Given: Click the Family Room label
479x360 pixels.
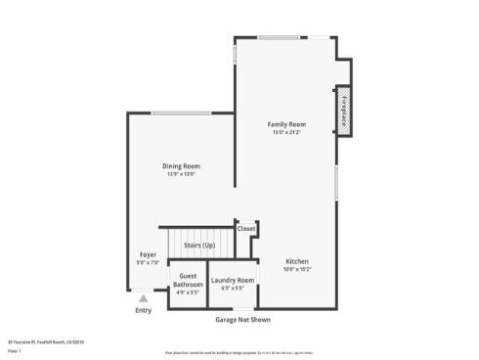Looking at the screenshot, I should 287,124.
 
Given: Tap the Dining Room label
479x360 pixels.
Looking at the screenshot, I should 180,166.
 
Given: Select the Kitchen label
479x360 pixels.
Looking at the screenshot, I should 297,261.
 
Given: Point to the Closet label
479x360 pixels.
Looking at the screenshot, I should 246,228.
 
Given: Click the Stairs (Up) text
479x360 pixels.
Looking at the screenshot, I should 199,245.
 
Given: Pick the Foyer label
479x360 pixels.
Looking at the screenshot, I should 148,254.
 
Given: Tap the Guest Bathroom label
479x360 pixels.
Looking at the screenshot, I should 188,281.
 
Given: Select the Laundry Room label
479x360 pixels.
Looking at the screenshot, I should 233,281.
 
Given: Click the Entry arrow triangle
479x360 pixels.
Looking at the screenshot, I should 144,298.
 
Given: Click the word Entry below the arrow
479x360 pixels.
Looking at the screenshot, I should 144,311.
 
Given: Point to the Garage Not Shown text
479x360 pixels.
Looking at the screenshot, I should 242,319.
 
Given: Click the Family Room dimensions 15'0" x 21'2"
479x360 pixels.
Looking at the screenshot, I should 287,132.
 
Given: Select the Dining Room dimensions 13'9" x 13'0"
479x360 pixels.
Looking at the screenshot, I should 180,174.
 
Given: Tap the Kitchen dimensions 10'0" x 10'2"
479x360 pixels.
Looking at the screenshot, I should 297,269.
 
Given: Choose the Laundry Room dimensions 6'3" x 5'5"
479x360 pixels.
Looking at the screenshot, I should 233,289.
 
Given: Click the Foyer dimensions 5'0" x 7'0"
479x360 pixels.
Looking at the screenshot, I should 148,262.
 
